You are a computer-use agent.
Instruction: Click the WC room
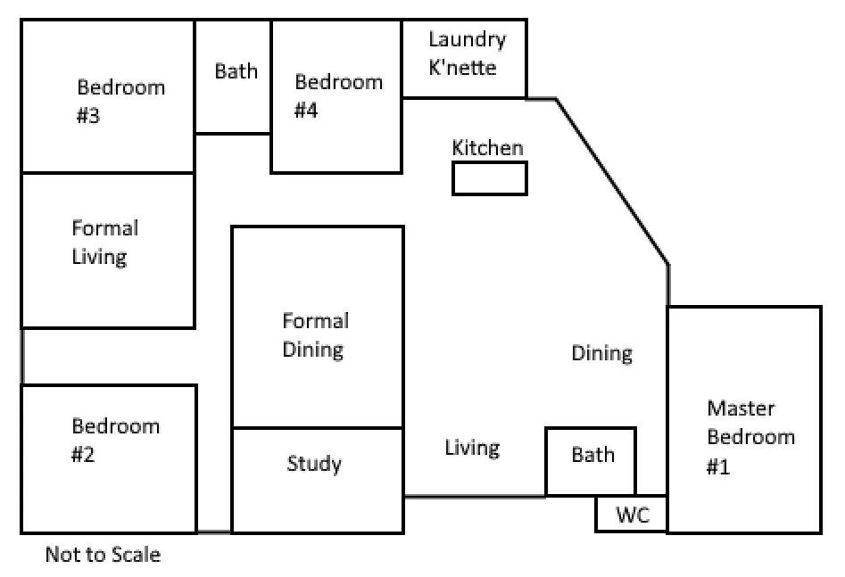tap(631, 514)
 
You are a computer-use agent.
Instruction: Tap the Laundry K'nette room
tap(464, 59)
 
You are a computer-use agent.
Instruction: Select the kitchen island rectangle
tap(489, 178)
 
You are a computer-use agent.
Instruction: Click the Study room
tap(318, 481)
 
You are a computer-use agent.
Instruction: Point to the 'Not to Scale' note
tap(103, 555)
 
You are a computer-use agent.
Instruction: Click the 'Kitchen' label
tap(487, 148)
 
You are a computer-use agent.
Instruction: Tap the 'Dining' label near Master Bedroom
tap(602, 354)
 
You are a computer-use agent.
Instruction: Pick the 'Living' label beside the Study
tap(472, 449)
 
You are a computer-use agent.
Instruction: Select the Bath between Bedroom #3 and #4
tap(233, 76)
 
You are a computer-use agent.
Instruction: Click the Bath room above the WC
tap(591, 462)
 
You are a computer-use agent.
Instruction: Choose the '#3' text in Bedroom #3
tap(88, 115)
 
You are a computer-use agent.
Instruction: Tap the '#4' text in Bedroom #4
tap(306, 111)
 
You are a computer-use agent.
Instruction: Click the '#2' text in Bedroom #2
tap(83, 454)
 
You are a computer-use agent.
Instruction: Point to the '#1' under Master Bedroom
tap(718, 466)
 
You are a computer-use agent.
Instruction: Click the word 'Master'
tap(741, 408)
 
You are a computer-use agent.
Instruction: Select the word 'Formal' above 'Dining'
tap(316, 321)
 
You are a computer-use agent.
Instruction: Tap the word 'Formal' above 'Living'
tap(105, 228)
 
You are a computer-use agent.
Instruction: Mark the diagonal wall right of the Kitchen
tap(612, 182)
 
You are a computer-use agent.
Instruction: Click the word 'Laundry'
tap(468, 40)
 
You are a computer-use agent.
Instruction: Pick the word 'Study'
tap(314, 464)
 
